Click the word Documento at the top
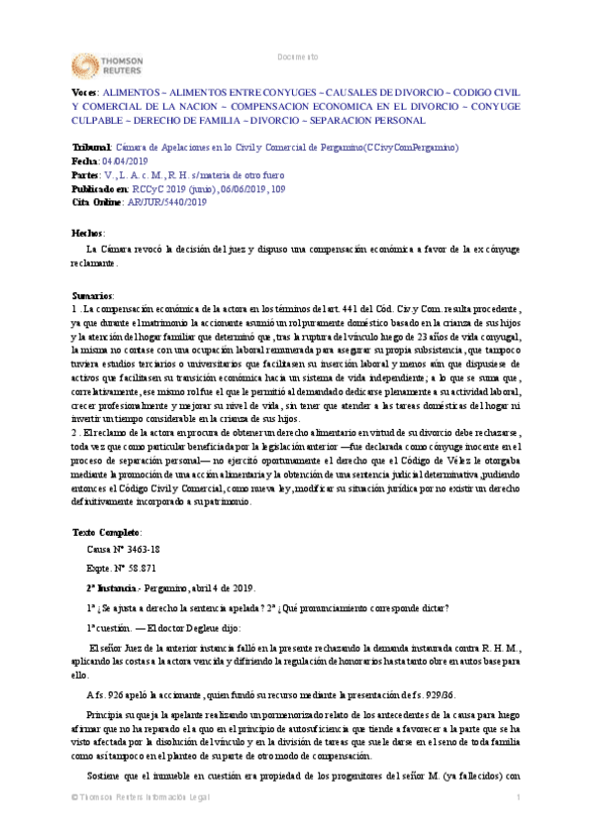[x=298, y=56]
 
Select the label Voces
[x=85, y=90]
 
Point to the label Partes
[x=87, y=173]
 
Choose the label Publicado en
[x=100, y=187]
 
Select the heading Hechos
[x=88, y=232]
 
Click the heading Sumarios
[x=93, y=295]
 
